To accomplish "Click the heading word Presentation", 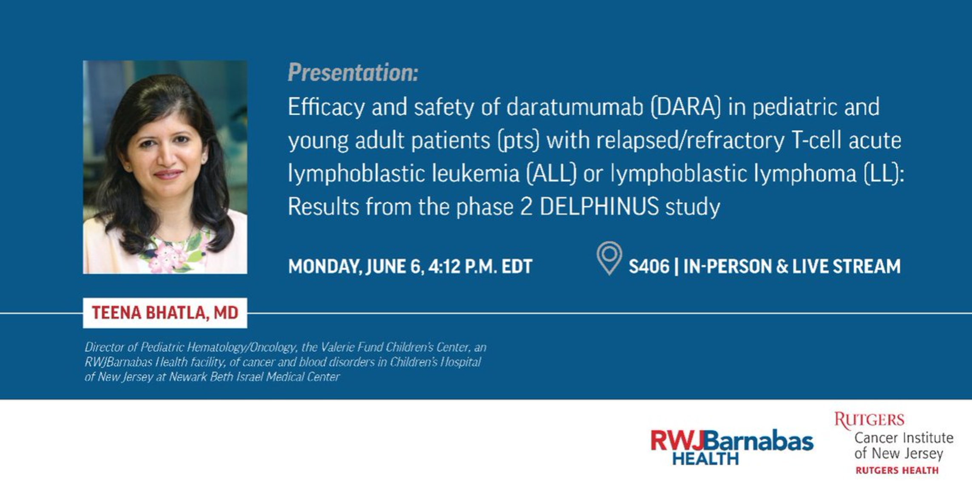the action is pos(353,73).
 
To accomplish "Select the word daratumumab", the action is pos(574,107).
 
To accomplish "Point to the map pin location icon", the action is pos(609,258).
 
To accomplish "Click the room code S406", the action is pos(649,267).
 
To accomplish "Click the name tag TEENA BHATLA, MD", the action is pos(165,313).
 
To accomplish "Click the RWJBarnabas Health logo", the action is pos(732,447).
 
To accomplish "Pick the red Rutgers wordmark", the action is pos(869,420).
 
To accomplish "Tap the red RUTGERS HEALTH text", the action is pos(897,470).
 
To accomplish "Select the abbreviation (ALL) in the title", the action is pos(551,173).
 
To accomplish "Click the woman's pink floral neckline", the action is pos(174,251).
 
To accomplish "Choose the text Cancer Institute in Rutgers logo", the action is pos(904,438).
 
